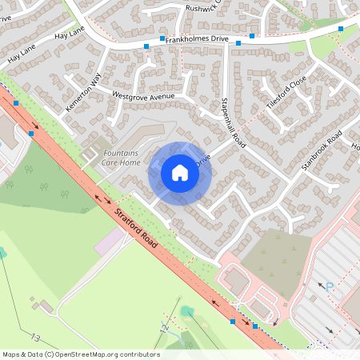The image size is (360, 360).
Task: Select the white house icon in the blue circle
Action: coord(180,172)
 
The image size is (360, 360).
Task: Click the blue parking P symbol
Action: coord(328,286)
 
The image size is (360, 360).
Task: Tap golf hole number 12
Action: coord(164,327)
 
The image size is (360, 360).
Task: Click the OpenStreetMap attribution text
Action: coord(80,354)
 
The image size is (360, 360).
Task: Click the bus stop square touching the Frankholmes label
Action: coord(162,38)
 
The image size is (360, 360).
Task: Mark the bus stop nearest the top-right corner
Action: coord(341,29)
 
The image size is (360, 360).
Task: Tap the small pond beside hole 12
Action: coord(186,311)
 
